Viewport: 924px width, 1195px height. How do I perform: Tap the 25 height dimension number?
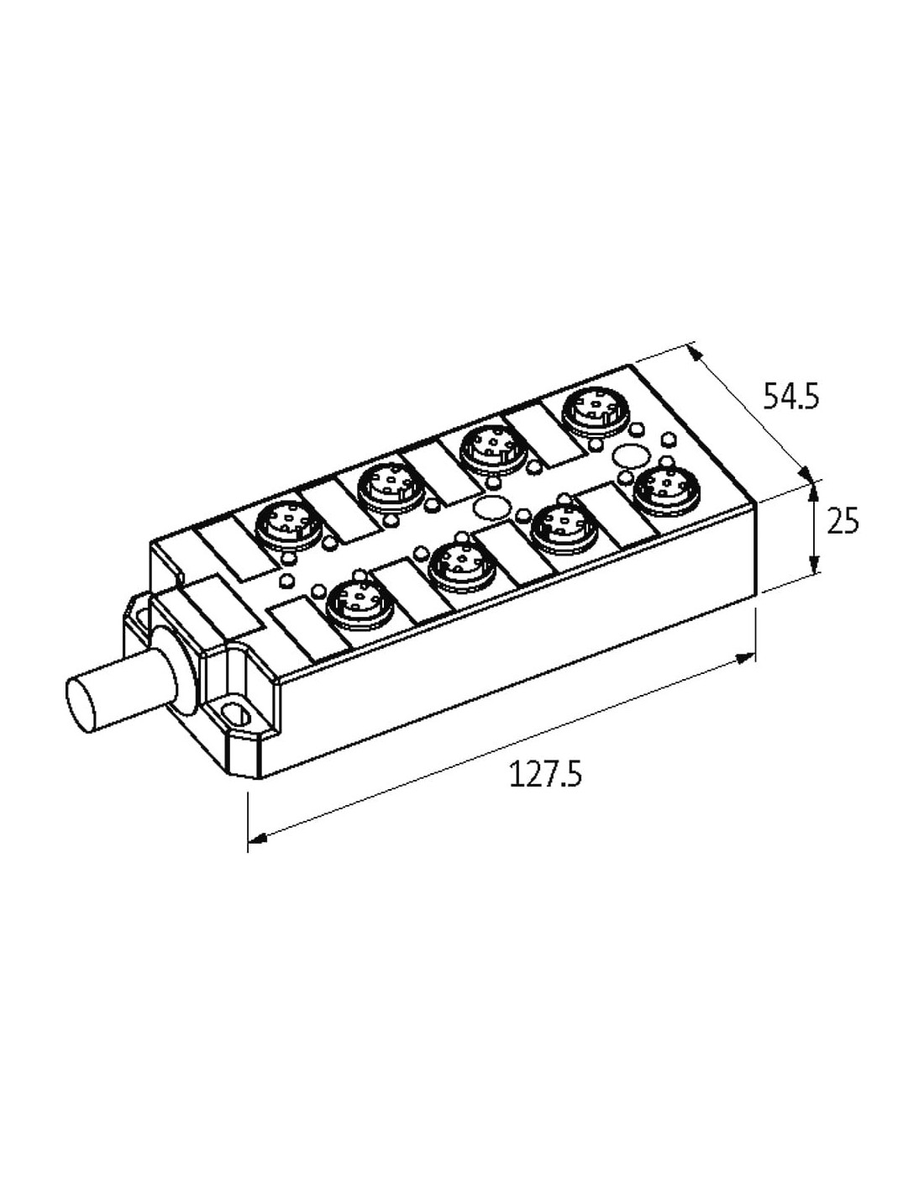pos(842,521)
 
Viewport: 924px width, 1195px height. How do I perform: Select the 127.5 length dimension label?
pos(545,774)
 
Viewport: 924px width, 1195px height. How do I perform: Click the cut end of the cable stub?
pos(81,704)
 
